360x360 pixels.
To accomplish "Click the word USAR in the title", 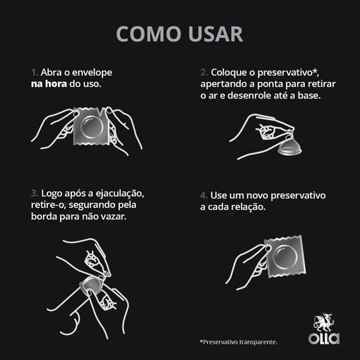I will coord(212,34).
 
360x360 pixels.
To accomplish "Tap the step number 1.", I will coord(34,73).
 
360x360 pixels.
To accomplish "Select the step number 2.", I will coord(204,73).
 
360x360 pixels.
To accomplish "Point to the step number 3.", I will coord(34,193).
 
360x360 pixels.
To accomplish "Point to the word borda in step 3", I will coord(46,216).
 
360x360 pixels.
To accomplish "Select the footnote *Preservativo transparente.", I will coord(238,341).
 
